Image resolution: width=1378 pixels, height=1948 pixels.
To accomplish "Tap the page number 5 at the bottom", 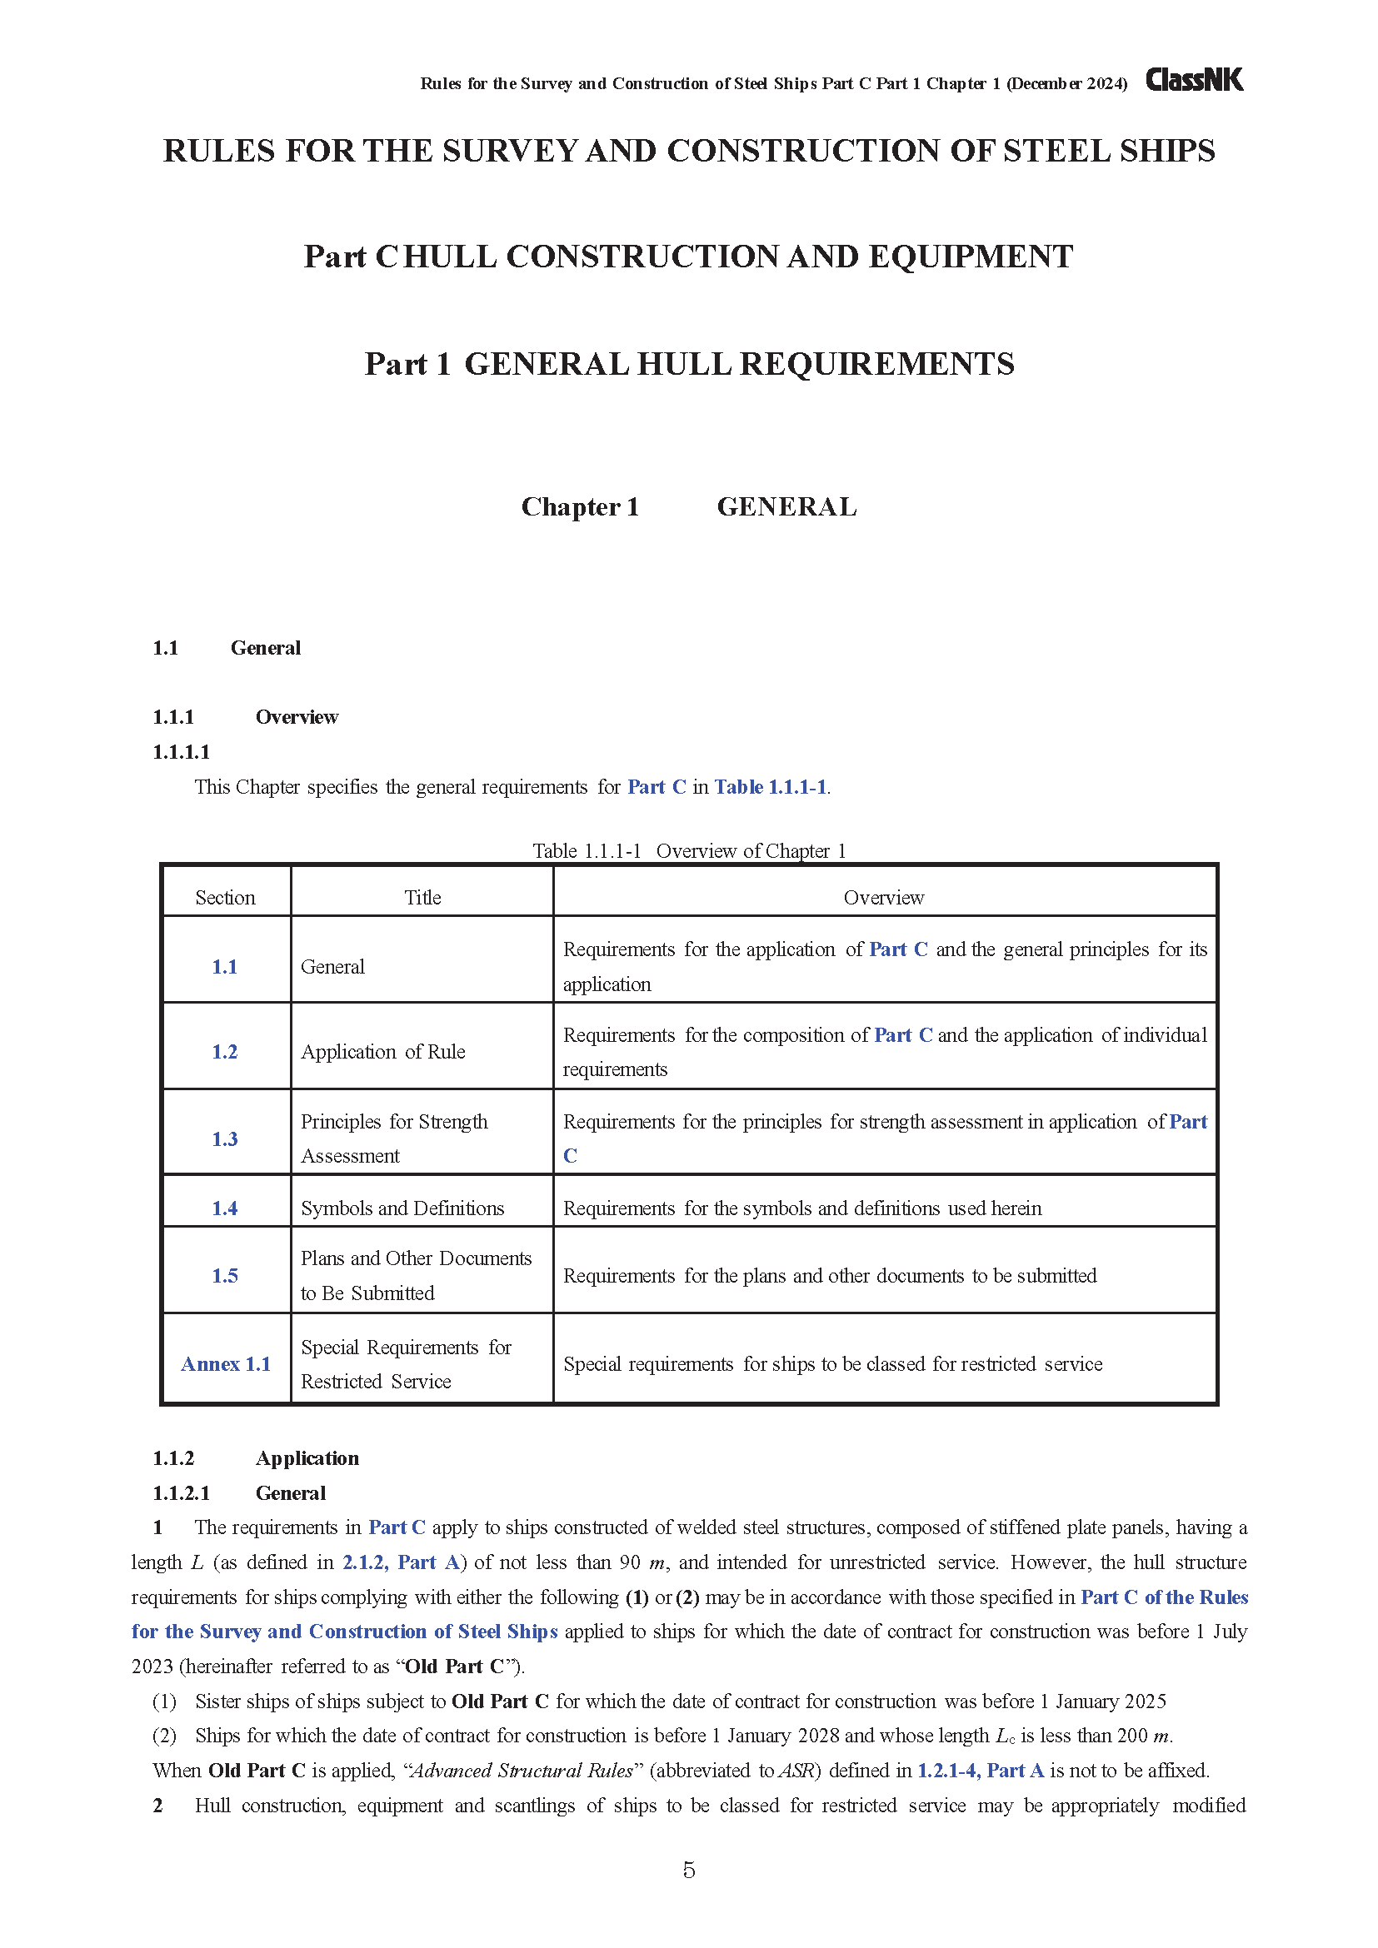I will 689,1870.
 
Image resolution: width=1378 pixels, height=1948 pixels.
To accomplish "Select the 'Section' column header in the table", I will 225,898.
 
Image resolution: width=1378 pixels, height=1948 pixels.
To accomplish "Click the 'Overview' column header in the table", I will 883,898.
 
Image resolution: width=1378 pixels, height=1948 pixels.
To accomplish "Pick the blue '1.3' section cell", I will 225,1138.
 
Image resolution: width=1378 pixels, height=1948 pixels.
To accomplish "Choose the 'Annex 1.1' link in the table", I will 226,1364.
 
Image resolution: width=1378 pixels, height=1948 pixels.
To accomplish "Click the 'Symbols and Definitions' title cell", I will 402,1208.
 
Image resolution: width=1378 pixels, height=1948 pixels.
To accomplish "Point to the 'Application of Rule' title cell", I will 382,1052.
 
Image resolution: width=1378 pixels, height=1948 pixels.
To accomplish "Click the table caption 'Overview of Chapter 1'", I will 751,851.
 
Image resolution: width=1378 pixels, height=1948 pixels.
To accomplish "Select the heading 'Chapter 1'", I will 580,506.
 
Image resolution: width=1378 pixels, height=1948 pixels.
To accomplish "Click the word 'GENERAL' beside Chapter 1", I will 786,506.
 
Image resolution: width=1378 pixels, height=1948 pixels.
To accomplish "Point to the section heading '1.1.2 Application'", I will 256,1458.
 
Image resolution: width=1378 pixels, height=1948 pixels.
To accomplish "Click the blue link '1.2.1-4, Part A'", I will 980,1771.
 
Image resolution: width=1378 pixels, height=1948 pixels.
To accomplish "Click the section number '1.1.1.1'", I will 181,752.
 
